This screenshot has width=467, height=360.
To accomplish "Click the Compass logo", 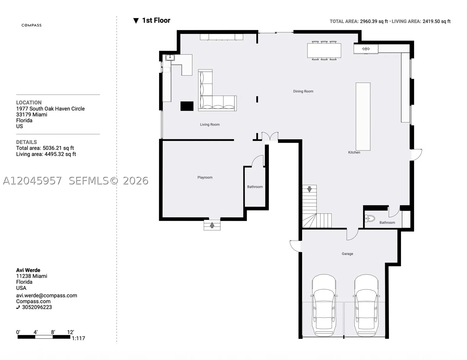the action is pos(31,25).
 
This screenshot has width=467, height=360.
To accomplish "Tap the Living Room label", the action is pos(210,125).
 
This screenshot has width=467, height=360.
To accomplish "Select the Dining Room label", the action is pos(303,91).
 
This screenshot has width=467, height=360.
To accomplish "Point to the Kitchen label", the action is pos(354,152).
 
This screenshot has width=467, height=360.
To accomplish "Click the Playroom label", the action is pos(205,177).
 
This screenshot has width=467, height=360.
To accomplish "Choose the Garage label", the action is pos(347,254).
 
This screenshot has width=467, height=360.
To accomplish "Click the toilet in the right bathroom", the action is pos(370,219).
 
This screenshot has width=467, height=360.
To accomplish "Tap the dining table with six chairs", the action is pos(324,51).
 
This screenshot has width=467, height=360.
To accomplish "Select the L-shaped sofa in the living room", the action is pos(217,90).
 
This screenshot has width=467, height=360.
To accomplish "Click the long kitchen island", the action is pos(363,117).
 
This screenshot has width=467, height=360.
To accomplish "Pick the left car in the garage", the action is pos(324,305).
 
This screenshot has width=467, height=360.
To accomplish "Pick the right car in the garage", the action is pos(366,305).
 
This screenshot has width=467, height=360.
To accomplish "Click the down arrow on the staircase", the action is pos(309,189).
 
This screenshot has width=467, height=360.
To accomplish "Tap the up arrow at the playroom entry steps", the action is pos(212,225).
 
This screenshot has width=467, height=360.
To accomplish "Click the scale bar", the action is pos(44,337).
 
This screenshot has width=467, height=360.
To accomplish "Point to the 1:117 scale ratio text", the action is pos(78,338).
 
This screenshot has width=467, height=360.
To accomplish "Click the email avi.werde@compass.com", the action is pos(46,295).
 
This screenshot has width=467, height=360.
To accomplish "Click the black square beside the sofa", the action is pos(187,106).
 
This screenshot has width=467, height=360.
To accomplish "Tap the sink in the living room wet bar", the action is pos(170,57).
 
